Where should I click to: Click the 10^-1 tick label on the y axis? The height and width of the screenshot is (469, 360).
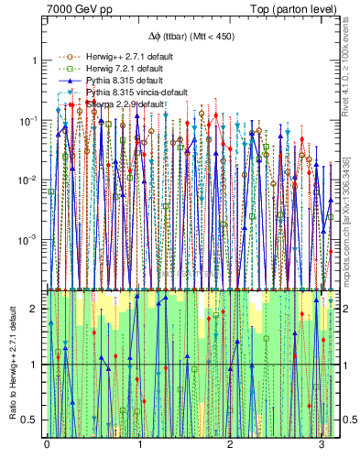[30, 120]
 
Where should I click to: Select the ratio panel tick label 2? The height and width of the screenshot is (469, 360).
[36, 309]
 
